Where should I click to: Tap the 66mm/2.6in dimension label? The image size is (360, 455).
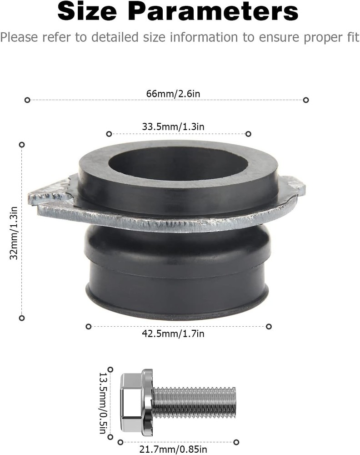166,94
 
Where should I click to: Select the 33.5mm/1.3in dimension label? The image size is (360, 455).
173,127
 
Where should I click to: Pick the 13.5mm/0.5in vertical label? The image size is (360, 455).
104,403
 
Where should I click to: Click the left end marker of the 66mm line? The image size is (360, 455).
27,100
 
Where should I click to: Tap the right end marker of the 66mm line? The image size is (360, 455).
306,100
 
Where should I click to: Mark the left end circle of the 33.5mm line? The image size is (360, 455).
109,134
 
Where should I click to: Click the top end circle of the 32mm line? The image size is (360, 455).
21,145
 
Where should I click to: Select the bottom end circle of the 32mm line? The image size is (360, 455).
21,318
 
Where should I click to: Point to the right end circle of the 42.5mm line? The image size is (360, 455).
269,326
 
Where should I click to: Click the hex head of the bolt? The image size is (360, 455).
132,403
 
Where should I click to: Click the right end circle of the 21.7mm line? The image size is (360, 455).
236,442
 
